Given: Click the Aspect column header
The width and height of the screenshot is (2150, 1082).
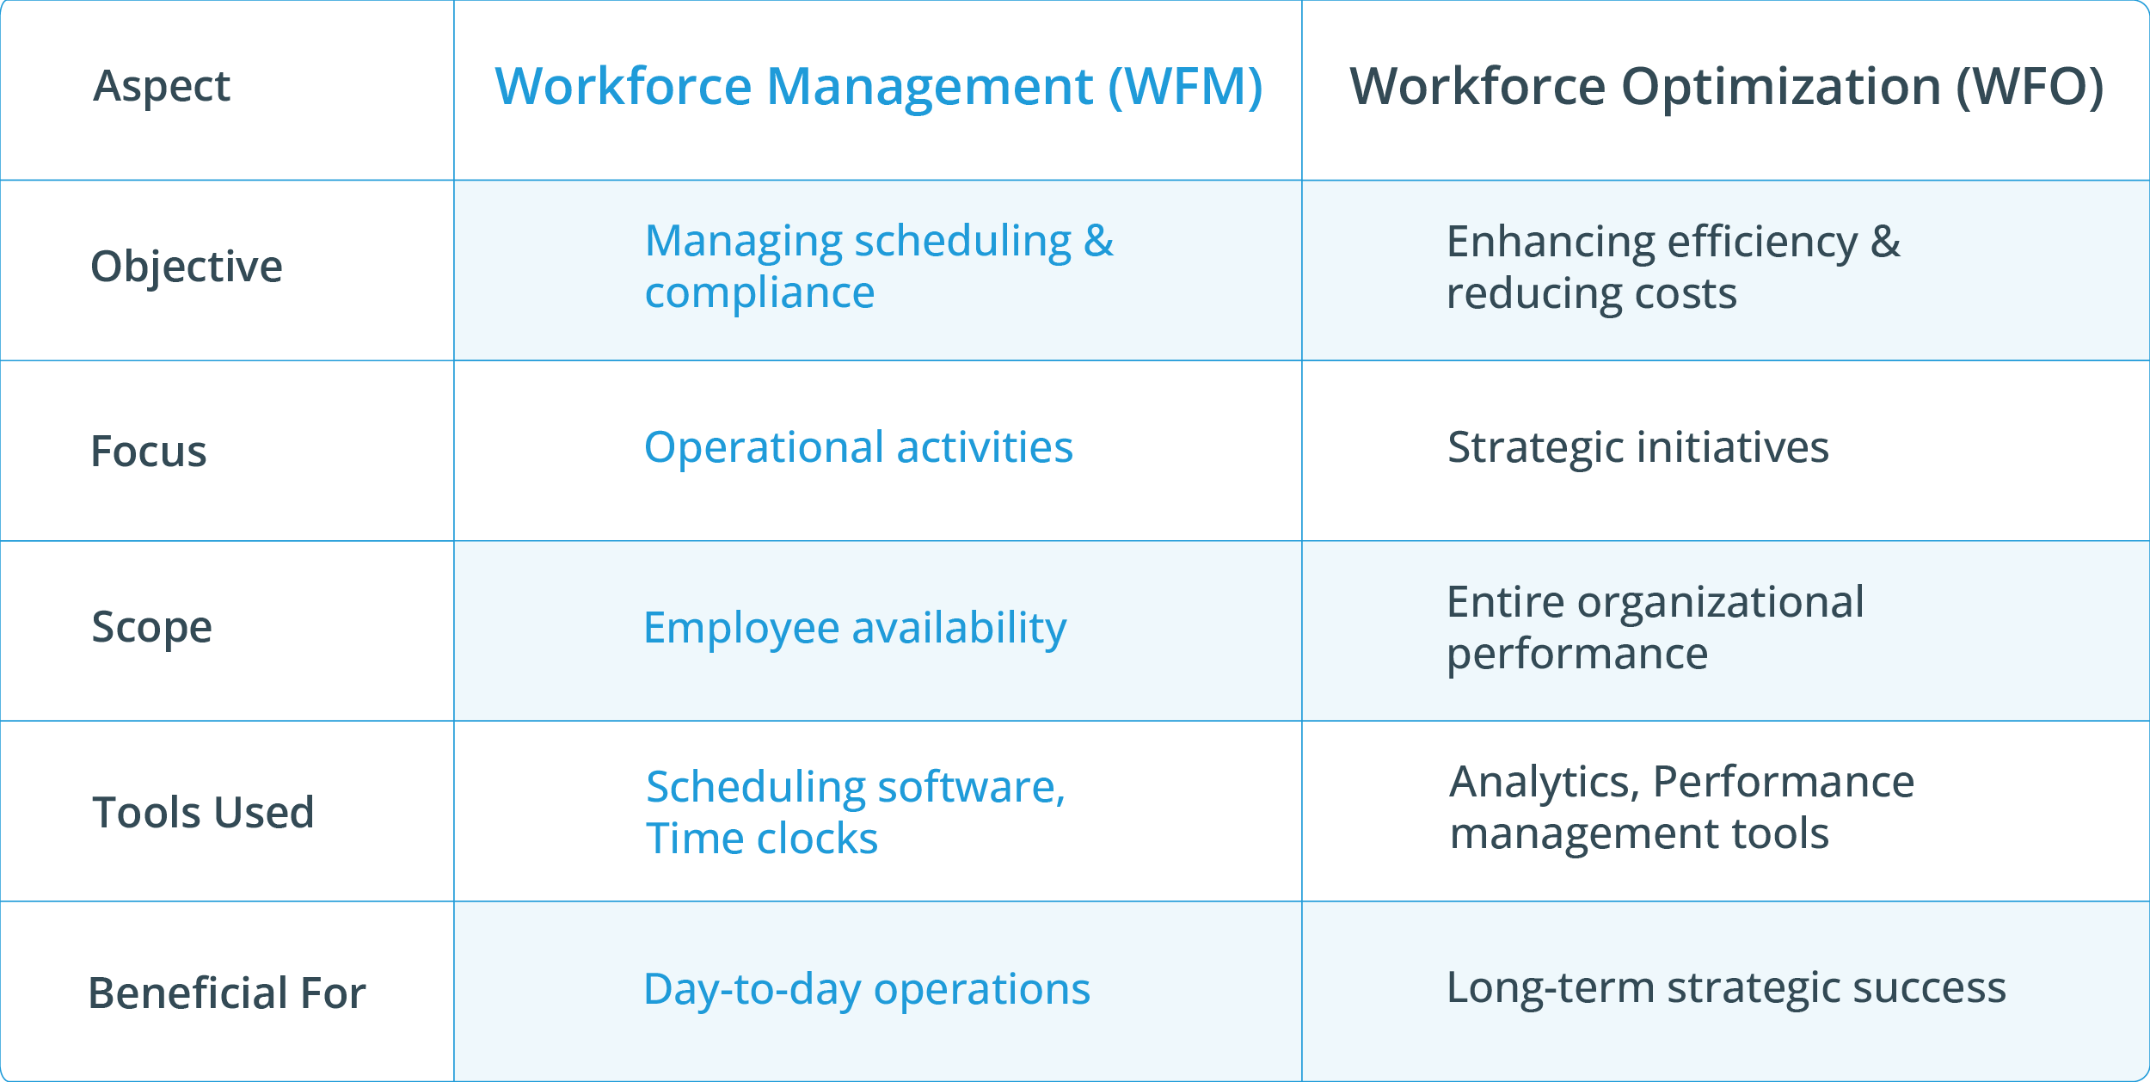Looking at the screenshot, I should tap(162, 86).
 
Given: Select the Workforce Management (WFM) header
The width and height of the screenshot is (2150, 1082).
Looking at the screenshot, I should tap(878, 87).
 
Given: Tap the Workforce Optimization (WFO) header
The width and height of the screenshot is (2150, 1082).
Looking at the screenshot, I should tap(1726, 87).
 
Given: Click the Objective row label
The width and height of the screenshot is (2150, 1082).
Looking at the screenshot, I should tap(187, 267).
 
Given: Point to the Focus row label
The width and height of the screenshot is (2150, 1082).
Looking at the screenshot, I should tap(149, 452).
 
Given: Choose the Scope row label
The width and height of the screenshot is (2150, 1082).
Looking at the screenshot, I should tap(151, 627).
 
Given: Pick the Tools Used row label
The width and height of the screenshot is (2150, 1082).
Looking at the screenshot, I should tap(203, 812).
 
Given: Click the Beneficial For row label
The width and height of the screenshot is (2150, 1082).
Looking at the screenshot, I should tap(227, 993).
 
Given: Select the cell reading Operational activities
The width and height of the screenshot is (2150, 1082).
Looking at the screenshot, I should tap(858, 447).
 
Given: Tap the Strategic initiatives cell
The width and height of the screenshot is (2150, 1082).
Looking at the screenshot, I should tap(1637, 447).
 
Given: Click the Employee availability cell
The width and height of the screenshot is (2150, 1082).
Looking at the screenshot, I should tap(855, 628).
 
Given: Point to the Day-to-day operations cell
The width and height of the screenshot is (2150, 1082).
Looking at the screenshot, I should tap(866, 989).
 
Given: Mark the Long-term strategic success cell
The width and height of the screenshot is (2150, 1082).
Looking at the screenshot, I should tap(1726, 987).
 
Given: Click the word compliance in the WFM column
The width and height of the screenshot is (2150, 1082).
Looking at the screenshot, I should tap(759, 293).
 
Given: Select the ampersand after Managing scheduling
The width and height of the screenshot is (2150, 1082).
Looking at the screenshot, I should tap(1098, 241).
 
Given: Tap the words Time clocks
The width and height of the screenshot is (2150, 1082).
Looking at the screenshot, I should tap(762, 839).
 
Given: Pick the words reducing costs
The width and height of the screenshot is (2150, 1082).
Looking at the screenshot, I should tap(1591, 294).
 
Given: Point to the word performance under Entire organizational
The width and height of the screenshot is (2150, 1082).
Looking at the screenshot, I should tap(1576, 655).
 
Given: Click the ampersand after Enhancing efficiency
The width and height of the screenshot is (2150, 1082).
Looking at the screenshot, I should tap(1885, 242).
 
